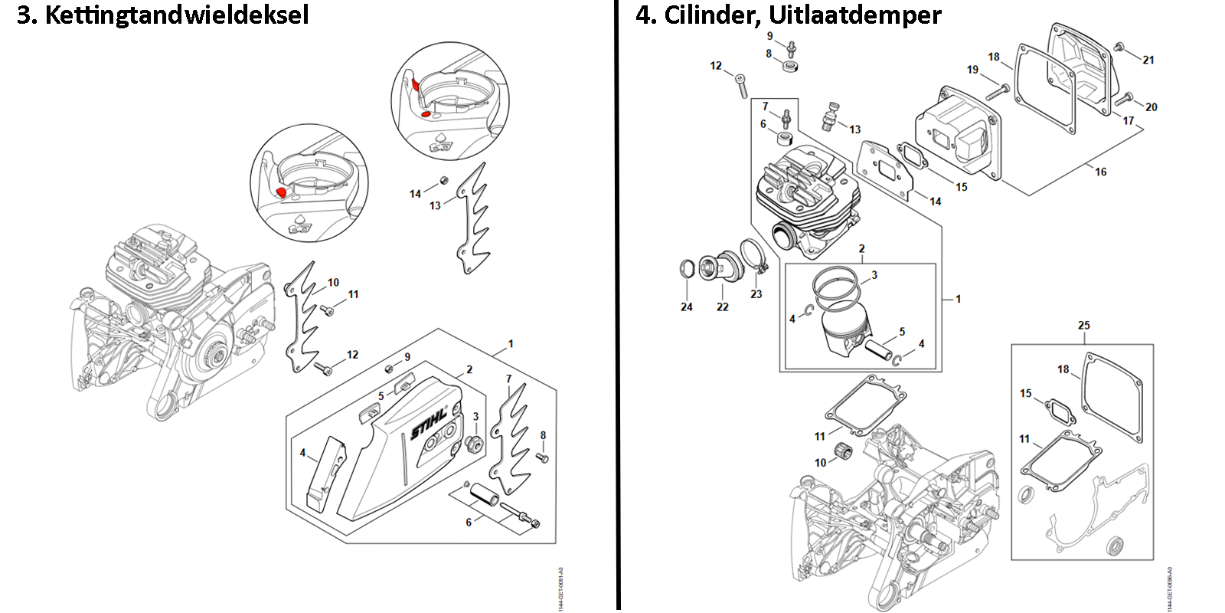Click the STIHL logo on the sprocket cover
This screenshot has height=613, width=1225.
click(x=428, y=424)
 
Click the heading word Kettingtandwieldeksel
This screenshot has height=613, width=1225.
click(x=177, y=15)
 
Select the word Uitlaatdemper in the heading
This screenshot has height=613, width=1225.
click(x=855, y=15)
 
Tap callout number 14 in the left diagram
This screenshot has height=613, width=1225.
click(x=415, y=194)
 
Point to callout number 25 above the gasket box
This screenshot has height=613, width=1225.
click(x=1083, y=326)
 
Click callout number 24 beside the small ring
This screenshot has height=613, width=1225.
click(x=687, y=306)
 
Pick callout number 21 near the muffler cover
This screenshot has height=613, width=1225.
click(x=1148, y=60)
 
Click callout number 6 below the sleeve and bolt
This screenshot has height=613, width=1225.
click(x=469, y=523)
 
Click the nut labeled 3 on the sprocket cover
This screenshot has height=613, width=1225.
click(x=473, y=444)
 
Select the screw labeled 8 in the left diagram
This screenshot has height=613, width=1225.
click(x=543, y=457)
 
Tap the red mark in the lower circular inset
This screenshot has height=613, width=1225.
click(x=281, y=192)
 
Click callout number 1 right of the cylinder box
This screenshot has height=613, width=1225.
click(x=958, y=299)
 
